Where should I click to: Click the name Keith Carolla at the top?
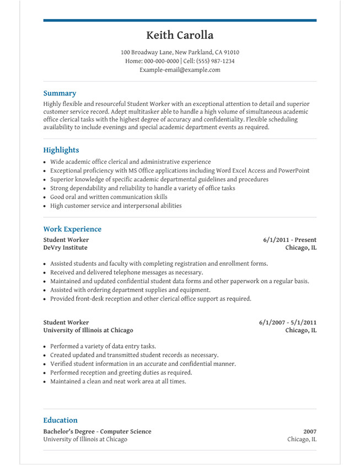[x=180, y=35]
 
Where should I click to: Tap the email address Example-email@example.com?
[x=180, y=70]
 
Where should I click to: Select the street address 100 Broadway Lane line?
[x=180, y=52]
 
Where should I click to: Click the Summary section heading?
[x=60, y=93]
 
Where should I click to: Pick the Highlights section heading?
[x=61, y=150]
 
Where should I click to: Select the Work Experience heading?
[x=72, y=229]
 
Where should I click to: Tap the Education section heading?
[x=61, y=420]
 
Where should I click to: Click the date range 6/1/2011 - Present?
[x=289, y=240]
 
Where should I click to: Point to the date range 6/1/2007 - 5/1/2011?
[x=288, y=322]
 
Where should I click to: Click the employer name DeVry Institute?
[x=65, y=248]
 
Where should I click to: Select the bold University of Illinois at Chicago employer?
[x=88, y=330]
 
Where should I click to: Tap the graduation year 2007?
[x=310, y=431]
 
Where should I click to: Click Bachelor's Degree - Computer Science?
[x=97, y=431]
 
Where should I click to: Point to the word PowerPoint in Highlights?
[x=294, y=171]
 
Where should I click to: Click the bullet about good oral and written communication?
[x=109, y=197]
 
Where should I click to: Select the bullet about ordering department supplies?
[x=130, y=290]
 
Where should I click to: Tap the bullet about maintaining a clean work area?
[x=118, y=381]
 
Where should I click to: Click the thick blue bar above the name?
[x=180, y=20]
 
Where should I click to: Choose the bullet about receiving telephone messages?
[x=126, y=272]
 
